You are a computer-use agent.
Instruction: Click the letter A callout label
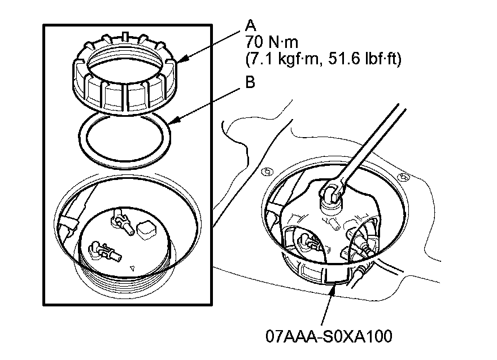coord(251,25)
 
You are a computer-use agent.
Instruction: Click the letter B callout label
coord(251,82)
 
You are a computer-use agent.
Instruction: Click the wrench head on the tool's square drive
coord(331,191)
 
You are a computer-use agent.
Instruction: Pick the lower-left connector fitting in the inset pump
coord(101,251)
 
